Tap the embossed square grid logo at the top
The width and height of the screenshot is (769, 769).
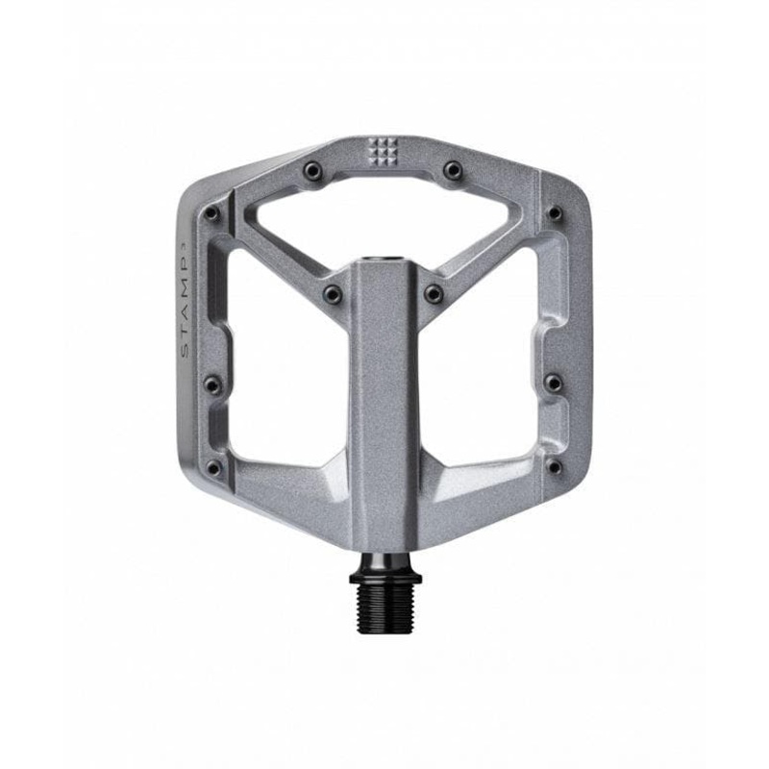click(383, 150)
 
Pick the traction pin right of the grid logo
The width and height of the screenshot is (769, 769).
click(452, 171)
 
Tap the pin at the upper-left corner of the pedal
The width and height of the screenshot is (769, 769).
click(212, 212)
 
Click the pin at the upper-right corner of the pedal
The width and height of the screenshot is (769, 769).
click(555, 212)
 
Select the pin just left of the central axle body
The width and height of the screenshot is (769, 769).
click(333, 292)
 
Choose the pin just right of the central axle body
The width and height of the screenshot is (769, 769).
click(434, 292)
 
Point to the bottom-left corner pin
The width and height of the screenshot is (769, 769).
click(213, 468)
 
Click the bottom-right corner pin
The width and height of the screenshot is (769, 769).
click(554, 467)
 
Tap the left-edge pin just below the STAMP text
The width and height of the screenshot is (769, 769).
click(212, 384)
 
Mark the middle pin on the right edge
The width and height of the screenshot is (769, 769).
click(554, 384)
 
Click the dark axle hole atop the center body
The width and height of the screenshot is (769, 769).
click(384, 261)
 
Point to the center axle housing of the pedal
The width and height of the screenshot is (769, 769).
click(384, 404)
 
